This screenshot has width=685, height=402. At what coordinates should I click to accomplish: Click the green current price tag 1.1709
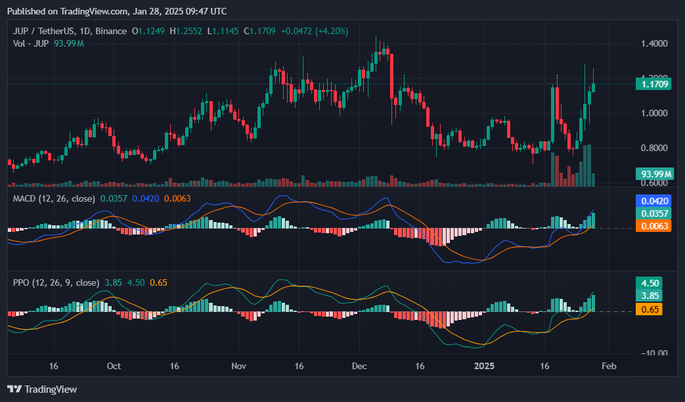click(653, 83)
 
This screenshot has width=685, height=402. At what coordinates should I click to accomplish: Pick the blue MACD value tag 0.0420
click(653, 202)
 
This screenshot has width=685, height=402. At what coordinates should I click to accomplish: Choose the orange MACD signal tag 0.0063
click(653, 225)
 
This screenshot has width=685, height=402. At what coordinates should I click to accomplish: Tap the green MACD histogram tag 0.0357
click(653, 213)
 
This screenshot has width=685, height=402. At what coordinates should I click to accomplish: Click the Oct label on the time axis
click(114, 365)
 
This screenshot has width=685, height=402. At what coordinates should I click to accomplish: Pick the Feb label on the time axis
click(609, 365)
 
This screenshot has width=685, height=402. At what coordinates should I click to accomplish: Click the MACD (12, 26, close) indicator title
click(54, 198)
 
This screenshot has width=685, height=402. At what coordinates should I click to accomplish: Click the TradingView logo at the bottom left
click(42, 389)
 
